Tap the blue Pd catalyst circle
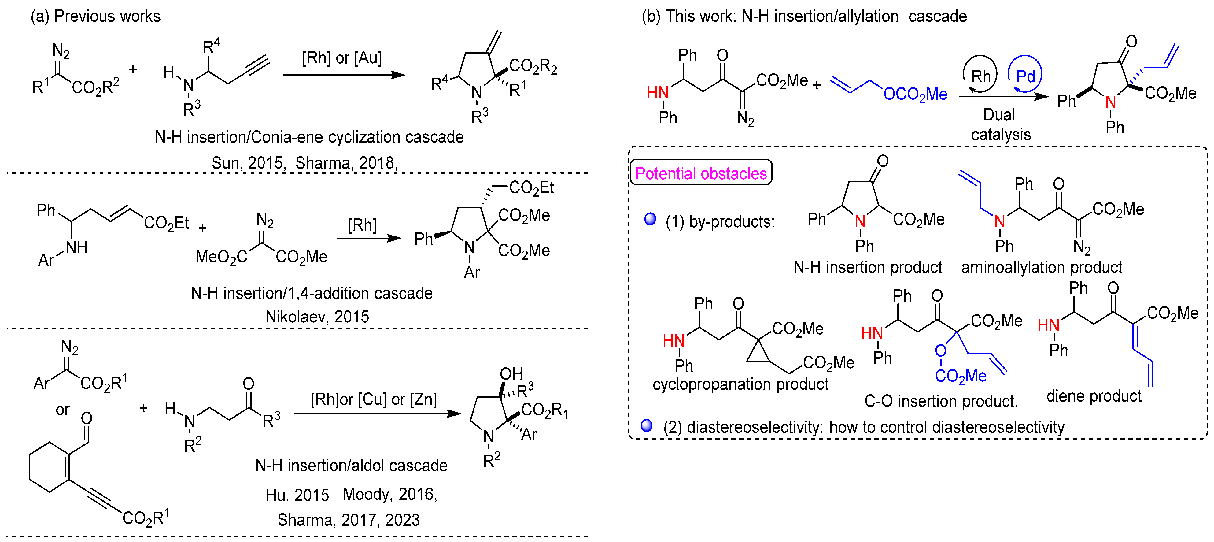[1025, 76]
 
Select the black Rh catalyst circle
[980, 76]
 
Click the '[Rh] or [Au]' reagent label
[342, 58]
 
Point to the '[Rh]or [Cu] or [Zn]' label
[373, 399]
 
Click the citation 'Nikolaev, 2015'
[317, 316]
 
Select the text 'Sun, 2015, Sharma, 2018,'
[304, 163]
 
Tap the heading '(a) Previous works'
[96, 16]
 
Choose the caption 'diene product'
[1094, 396]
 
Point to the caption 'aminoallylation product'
[1042, 267]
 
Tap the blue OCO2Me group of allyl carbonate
[915, 94]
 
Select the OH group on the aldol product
[511, 374]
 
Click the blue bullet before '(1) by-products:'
[650, 219]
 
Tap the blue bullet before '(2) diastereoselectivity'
[647, 425]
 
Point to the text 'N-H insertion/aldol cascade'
[351, 465]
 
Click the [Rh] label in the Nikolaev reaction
[362, 225]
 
